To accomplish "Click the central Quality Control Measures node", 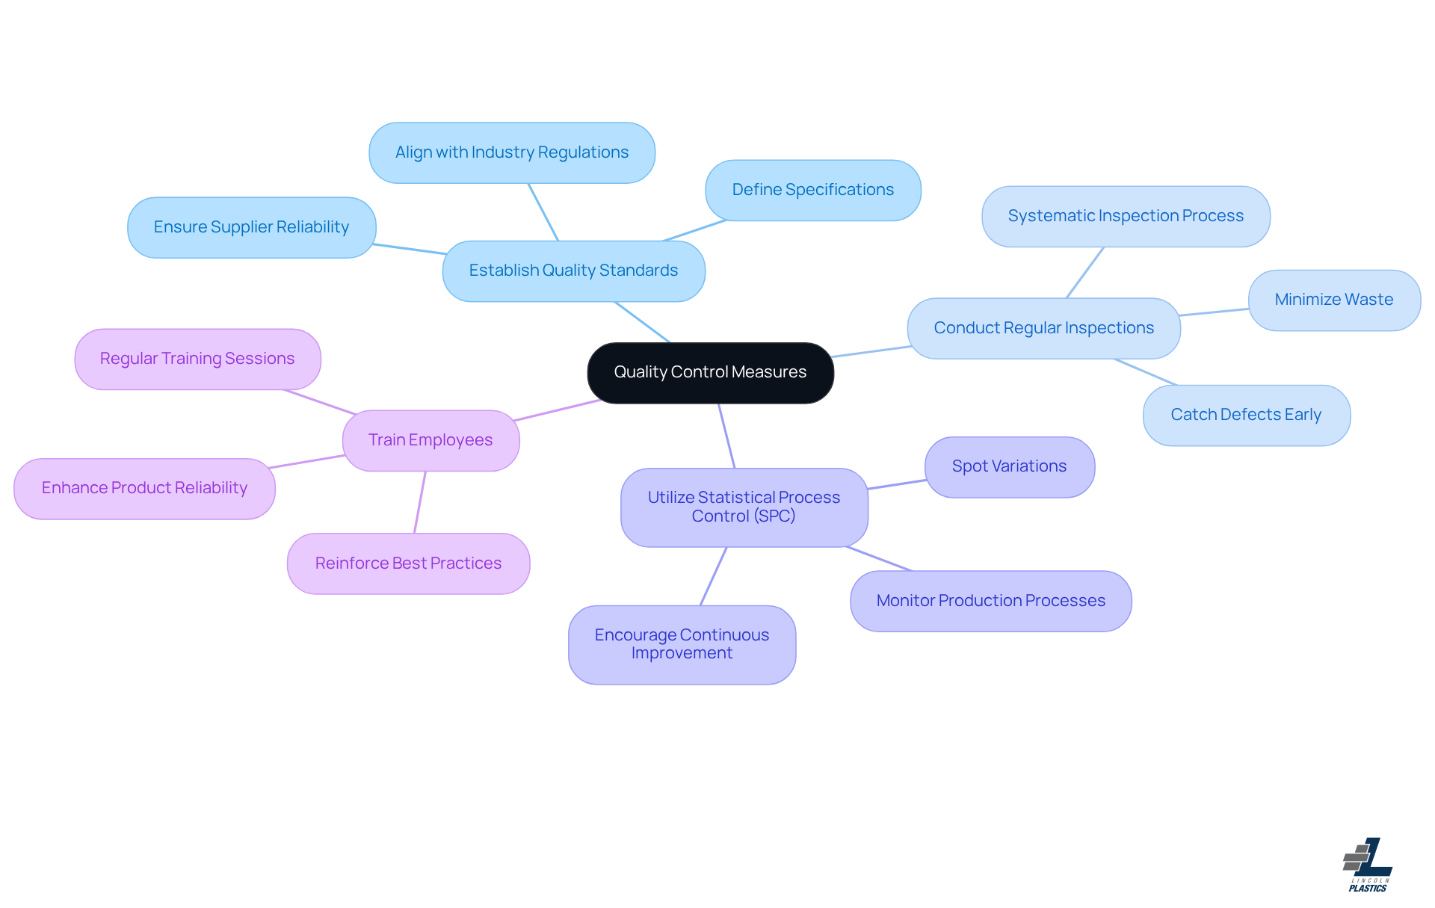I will (x=710, y=372).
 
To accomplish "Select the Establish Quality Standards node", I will (x=573, y=271).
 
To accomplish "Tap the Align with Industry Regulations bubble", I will (x=512, y=152).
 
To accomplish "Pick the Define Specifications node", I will (x=812, y=190).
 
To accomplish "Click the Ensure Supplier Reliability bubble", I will (x=251, y=227).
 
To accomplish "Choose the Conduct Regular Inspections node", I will (x=1043, y=328).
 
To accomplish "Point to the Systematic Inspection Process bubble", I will (x=1126, y=216).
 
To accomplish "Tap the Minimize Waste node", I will (x=1333, y=300).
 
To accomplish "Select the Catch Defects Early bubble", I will (x=1246, y=415).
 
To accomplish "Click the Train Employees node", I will (x=430, y=440).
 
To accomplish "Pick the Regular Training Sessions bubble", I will (x=197, y=359).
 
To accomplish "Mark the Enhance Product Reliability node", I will (x=144, y=488).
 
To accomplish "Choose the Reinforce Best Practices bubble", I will (x=408, y=563).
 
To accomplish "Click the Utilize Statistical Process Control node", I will (x=744, y=507).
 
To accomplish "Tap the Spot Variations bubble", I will (x=1009, y=466).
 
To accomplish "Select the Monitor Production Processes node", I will (x=990, y=601).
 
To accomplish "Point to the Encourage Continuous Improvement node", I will (x=682, y=644).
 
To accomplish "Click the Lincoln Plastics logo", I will (x=1368, y=865).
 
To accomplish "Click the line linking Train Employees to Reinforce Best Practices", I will (x=420, y=502).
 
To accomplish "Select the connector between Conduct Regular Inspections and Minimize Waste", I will (x=1215, y=312).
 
